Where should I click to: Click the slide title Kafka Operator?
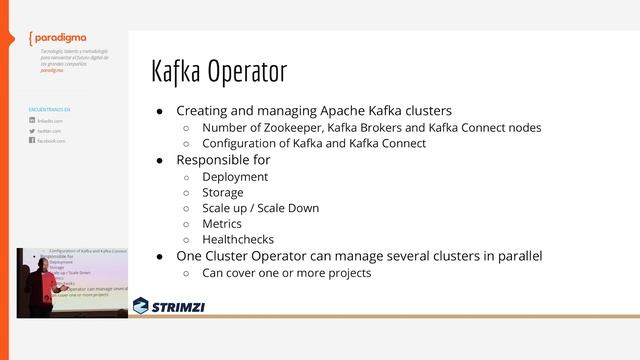click(x=218, y=72)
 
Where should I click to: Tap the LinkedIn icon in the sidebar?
click(x=32, y=120)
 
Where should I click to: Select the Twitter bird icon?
click(x=32, y=131)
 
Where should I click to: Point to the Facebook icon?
click(x=32, y=141)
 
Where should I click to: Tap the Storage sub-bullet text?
click(x=222, y=192)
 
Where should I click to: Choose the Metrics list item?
click(x=222, y=224)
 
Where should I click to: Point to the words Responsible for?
click(x=223, y=159)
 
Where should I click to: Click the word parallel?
click(x=517, y=256)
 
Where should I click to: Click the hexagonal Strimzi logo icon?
click(x=142, y=305)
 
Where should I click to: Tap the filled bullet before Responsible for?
click(x=159, y=160)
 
